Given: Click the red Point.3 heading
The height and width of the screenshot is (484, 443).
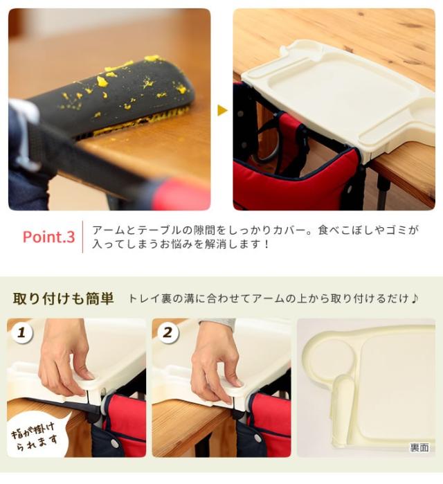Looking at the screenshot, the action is point(48,237).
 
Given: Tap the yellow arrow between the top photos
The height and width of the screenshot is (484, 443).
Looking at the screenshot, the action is point(222,110).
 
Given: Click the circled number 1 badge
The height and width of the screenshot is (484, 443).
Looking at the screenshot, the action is point(21,333).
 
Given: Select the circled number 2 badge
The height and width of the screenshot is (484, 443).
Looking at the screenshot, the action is point(168,333).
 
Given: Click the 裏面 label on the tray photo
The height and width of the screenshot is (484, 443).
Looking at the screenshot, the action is point(419,447).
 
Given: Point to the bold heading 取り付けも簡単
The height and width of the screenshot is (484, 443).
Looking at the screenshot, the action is point(63,298).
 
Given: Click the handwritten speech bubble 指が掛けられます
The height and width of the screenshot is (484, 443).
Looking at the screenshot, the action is point(35,436).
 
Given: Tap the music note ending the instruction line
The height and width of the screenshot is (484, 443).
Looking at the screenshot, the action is point(415,298).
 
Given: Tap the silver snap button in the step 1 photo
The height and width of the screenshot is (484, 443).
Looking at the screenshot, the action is point(114,443).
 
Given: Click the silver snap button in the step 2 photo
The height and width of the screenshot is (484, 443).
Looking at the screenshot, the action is point(257,438).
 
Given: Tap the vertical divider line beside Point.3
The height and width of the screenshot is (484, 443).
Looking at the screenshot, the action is point(82,237).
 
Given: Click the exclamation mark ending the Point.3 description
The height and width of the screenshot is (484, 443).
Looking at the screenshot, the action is point(266,244).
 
